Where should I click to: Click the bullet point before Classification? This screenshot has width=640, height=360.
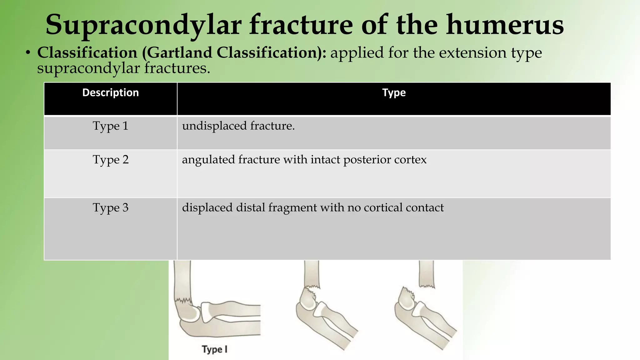(x=28, y=53)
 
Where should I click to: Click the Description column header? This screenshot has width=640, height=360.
(x=110, y=93)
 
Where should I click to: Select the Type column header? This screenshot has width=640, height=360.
(x=394, y=93)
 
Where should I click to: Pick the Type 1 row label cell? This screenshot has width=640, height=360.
(x=110, y=126)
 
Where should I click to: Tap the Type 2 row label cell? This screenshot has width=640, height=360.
(x=110, y=160)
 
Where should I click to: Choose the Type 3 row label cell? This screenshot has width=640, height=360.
(x=110, y=208)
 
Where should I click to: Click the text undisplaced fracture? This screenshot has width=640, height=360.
(x=238, y=126)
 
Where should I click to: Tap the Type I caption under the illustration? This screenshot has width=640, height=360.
(x=214, y=349)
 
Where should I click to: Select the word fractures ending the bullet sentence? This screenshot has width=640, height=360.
(x=177, y=68)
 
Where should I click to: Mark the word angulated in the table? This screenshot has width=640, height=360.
(x=208, y=160)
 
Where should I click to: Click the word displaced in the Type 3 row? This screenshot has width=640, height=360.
(x=207, y=208)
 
